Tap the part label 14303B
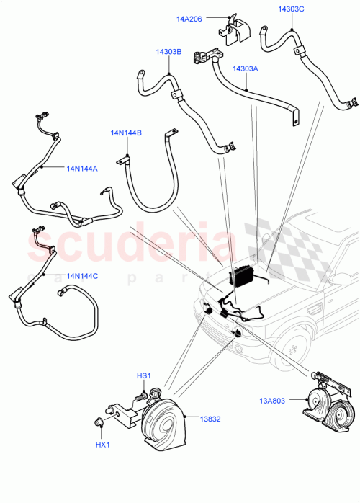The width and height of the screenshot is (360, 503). pyautogui.click(x=168, y=52)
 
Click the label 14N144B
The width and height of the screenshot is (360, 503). pyautogui.click(x=126, y=133)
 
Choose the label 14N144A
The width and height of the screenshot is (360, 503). pyautogui.click(x=82, y=169)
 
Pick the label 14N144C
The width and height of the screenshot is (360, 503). pyautogui.click(x=83, y=275)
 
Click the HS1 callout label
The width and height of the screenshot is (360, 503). pyautogui.click(x=144, y=375)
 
